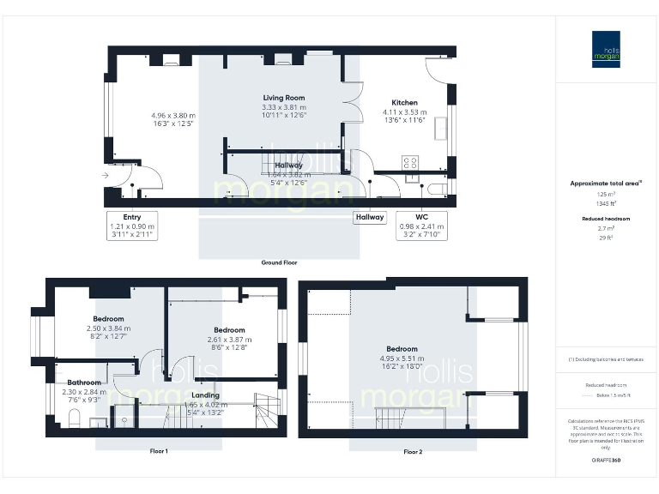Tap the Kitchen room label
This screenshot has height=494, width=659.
tap(404, 101)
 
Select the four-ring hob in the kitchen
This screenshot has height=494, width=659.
tap(409, 162)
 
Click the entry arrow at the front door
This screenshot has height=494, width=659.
tap(105, 175)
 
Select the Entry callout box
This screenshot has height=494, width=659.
tap(131, 226)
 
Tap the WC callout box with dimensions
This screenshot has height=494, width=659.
tap(421, 226)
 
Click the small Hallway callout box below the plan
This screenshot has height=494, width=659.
tap(370, 218)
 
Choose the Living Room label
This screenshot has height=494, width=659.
tap(284, 98)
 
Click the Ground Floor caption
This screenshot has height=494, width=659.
tap(279, 262)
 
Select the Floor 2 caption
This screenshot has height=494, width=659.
tap(412, 451)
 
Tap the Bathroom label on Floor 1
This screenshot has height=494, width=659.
tap(85, 383)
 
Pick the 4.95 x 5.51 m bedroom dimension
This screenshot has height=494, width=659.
tap(402, 358)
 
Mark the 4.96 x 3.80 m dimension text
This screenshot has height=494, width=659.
tap(172, 115)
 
